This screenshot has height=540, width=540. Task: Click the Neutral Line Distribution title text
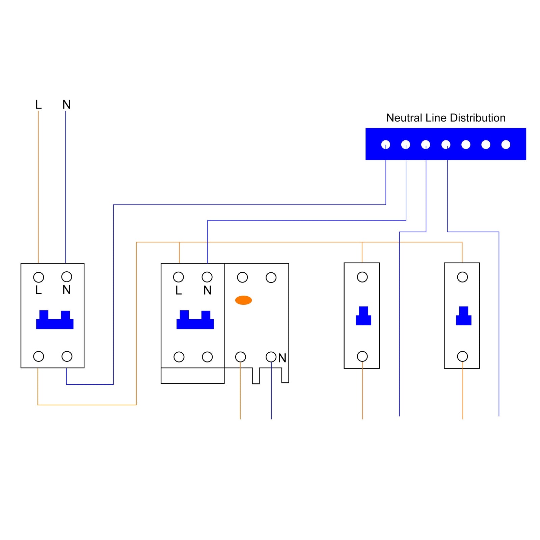pos(446,118)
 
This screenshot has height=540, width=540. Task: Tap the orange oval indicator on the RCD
pos(243,300)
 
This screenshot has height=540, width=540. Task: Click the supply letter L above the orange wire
pos(38,105)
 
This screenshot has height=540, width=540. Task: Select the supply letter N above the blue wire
pos(66,105)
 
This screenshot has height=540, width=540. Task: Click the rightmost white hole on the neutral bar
pos(506,145)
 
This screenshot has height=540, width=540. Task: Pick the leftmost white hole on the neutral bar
pos(385,145)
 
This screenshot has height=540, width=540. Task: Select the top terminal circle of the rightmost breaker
pos(462,277)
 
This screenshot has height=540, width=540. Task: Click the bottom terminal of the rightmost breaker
pos(462,356)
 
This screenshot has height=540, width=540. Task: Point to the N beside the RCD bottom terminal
pos(282,358)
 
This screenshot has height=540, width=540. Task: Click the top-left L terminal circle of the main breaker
pos(38,277)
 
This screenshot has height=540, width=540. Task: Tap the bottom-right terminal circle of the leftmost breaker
pos(67,356)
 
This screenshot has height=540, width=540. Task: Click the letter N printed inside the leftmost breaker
pos(66,290)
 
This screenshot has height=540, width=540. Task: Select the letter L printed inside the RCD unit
pos(179,290)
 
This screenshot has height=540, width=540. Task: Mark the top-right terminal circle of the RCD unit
pos(271,277)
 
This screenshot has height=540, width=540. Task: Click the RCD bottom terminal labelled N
pos(271,357)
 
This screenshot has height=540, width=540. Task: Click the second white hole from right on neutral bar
pos(486,145)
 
